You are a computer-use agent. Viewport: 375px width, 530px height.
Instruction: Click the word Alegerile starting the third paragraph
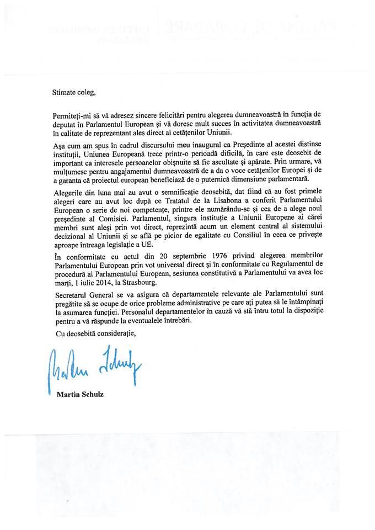coord(71,193)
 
